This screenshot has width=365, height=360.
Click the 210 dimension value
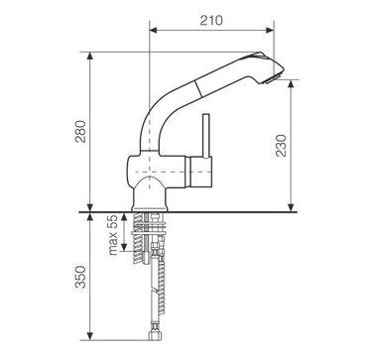pyautogui.click(x=211, y=21)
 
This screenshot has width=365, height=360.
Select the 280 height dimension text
pyautogui.click(x=80, y=131)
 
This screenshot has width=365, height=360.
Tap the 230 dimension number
pyautogui.click(x=282, y=146)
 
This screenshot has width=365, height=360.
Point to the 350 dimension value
pyautogui.click(x=80, y=277)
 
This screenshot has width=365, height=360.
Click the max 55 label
pyautogui.click(x=113, y=235)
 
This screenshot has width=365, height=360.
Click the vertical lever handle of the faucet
pyautogui.click(x=206, y=136)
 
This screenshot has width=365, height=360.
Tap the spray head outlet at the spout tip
pyautogui.click(x=271, y=79)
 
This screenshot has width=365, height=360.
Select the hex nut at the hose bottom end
pyautogui.click(x=155, y=336)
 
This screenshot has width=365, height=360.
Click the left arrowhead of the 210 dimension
pyautogui.click(x=153, y=31)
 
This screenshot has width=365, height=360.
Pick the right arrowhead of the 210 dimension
pyautogui.click(x=270, y=31)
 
